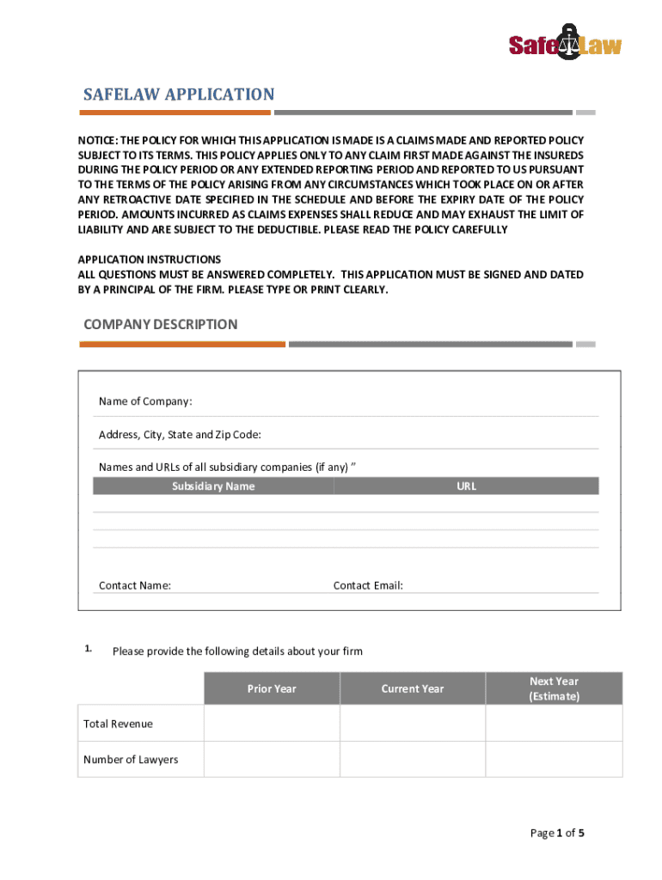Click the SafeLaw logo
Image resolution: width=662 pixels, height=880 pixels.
pyautogui.click(x=565, y=42)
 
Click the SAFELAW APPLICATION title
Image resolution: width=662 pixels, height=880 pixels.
pyautogui.click(x=178, y=95)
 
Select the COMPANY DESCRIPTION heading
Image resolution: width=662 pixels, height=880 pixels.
pyautogui.click(x=160, y=324)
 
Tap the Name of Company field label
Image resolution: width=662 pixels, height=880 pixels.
pyautogui.click(x=145, y=401)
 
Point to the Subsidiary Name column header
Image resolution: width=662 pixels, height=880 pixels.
pyautogui.click(x=212, y=486)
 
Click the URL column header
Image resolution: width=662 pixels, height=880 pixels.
pyautogui.click(x=466, y=486)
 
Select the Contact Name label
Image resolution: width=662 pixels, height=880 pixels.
pyautogui.click(x=135, y=585)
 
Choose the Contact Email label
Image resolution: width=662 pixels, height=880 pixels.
pyautogui.click(x=368, y=585)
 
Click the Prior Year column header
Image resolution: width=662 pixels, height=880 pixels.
pyautogui.click(x=272, y=688)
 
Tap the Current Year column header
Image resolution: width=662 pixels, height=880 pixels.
pyautogui.click(x=413, y=688)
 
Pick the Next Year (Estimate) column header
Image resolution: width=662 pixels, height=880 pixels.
pyautogui.click(x=554, y=688)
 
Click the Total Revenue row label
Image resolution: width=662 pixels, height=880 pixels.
pyautogui.click(x=118, y=724)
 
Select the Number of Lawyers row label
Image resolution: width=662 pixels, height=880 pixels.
pyautogui.click(x=131, y=760)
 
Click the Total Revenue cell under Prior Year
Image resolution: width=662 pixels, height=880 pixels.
pyautogui.click(x=272, y=724)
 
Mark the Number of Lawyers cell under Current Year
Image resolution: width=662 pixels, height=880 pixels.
pyautogui.click(x=413, y=760)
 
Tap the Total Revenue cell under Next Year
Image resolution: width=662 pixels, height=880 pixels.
pyautogui.click(x=554, y=724)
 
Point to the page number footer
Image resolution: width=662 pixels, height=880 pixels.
pyautogui.click(x=557, y=833)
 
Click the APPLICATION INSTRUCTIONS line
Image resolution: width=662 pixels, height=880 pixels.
pyautogui.click(x=150, y=260)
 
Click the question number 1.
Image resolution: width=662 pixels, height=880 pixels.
pyautogui.click(x=89, y=650)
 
